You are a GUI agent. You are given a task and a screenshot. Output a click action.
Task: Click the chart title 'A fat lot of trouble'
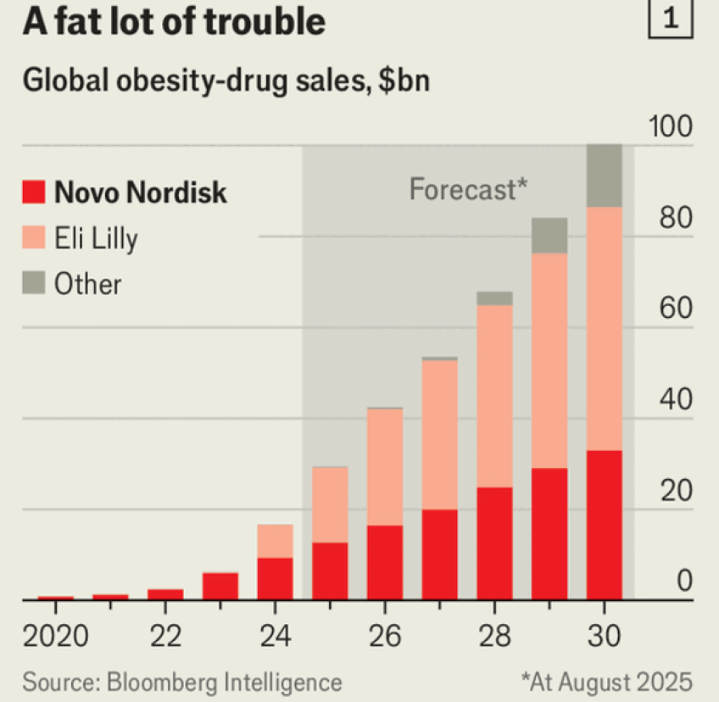[174, 23]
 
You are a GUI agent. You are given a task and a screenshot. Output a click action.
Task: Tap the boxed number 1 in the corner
[670, 21]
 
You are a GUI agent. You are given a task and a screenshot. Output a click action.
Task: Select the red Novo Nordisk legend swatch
[34, 192]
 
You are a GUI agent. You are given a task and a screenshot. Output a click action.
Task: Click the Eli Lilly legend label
[96, 238]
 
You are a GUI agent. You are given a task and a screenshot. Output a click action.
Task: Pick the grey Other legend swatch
[34, 284]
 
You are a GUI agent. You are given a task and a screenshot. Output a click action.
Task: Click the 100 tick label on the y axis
[671, 128]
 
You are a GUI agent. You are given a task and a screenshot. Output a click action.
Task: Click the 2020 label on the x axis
[55, 635]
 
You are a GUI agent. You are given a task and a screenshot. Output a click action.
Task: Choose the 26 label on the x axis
[384, 635]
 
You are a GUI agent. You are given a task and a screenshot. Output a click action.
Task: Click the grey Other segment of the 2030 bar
[605, 176]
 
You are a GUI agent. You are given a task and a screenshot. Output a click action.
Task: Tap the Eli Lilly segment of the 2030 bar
[605, 329]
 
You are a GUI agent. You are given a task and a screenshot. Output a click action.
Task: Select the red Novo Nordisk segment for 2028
[494, 543]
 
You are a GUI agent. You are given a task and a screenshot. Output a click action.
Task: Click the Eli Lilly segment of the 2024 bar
[275, 541]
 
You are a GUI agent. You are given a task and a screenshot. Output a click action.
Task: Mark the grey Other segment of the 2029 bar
[549, 236]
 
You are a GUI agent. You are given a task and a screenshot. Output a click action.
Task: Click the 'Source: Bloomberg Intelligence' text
[182, 682]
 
